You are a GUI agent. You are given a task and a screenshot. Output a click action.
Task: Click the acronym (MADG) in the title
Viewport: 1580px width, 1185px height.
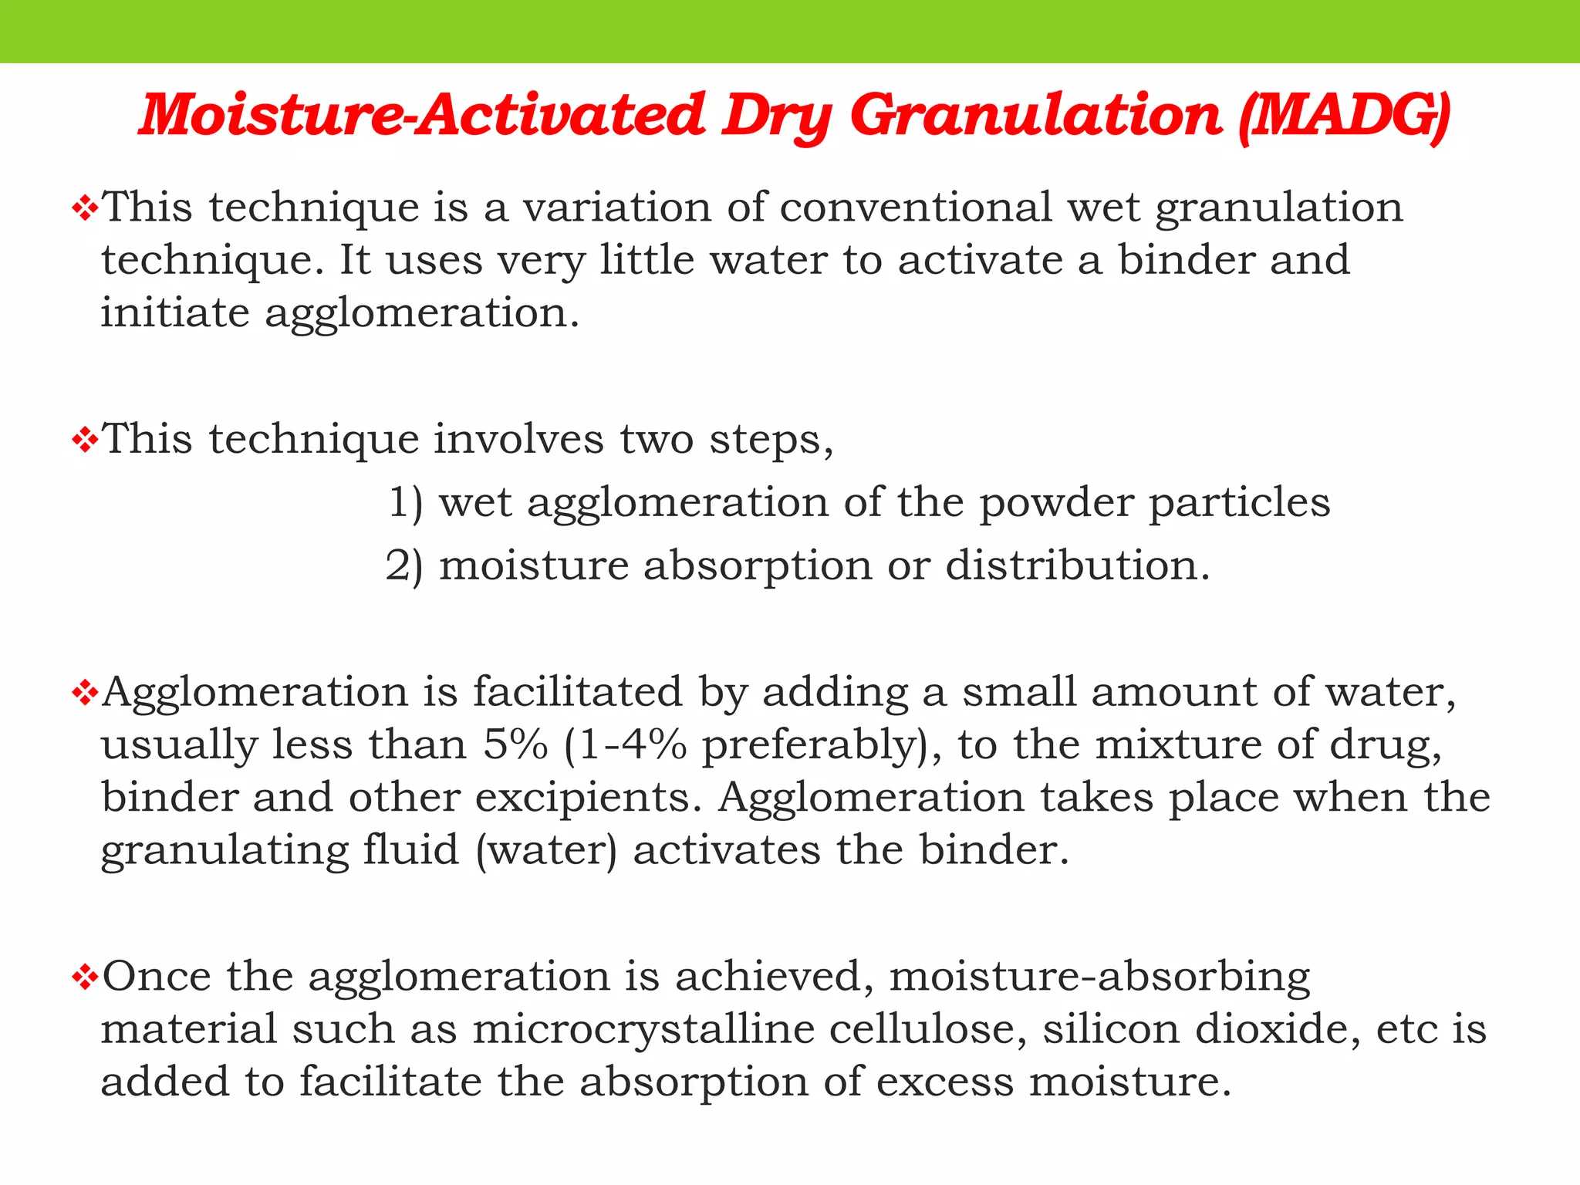(x=1344, y=116)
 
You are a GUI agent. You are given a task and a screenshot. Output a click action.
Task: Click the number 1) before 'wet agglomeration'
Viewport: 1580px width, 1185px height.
(x=405, y=503)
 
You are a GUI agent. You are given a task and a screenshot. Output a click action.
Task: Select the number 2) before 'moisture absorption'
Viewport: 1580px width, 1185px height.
(x=404, y=566)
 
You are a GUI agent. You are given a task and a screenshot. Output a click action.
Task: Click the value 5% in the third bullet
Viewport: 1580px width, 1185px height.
(x=515, y=745)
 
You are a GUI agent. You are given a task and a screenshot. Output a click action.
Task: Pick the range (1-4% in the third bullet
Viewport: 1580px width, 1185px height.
(x=626, y=745)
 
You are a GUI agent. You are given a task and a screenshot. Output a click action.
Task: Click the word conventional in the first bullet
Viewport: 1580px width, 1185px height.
(x=916, y=208)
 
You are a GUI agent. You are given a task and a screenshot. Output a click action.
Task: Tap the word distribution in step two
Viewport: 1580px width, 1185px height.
(x=1077, y=566)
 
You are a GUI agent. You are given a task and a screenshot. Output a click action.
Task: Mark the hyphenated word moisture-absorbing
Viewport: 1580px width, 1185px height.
(x=1099, y=977)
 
